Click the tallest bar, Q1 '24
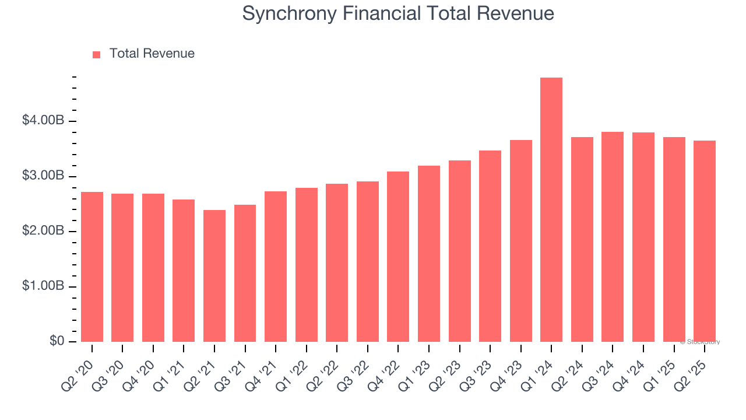point(551,210)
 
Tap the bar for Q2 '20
point(92,267)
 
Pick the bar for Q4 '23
point(520,241)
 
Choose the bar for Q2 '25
point(705,241)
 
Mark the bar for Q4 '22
point(398,257)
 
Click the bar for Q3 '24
point(613,237)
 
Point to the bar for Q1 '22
point(306,265)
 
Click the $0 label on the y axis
point(57,341)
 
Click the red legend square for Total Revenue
point(97,54)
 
